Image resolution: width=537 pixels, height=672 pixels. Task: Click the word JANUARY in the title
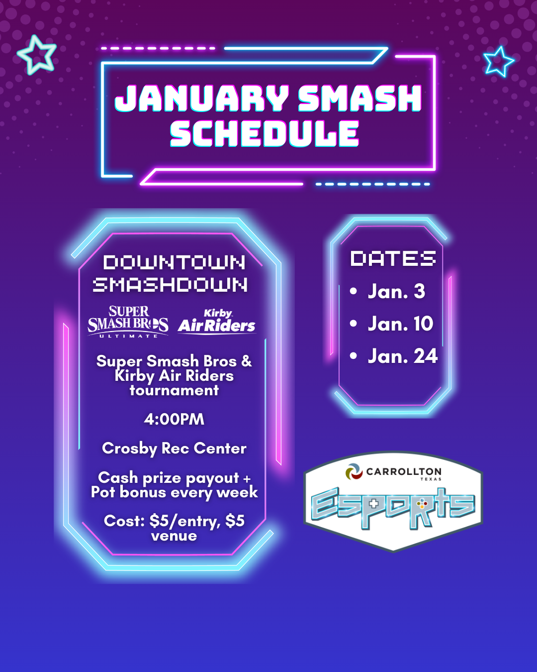(202, 99)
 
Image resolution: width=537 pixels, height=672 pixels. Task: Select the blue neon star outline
(498, 62)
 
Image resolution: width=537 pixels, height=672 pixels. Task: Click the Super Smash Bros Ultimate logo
(128, 322)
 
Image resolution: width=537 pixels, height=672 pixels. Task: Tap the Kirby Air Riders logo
(217, 322)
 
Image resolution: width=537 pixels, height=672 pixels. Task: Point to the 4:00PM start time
(174, 419)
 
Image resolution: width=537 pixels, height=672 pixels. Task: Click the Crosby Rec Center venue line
(174, 448)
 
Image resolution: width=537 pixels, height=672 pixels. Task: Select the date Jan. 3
(396, 291)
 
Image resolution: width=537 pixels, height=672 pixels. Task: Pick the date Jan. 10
(401, 324)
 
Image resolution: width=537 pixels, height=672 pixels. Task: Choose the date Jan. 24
(403, 356)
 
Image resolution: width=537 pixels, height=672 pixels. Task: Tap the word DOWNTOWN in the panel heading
(174, 262)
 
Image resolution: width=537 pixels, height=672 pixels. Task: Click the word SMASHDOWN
(171, 285)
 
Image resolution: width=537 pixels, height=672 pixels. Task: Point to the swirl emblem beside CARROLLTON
(354, 472)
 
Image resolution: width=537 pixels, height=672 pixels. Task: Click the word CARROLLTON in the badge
(404, 471)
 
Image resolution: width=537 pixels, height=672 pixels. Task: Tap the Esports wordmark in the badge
(393, 507)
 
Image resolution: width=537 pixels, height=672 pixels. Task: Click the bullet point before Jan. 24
(353, 356)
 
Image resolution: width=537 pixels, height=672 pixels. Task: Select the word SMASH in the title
(360, 99)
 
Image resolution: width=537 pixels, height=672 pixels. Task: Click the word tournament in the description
(174, 390)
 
